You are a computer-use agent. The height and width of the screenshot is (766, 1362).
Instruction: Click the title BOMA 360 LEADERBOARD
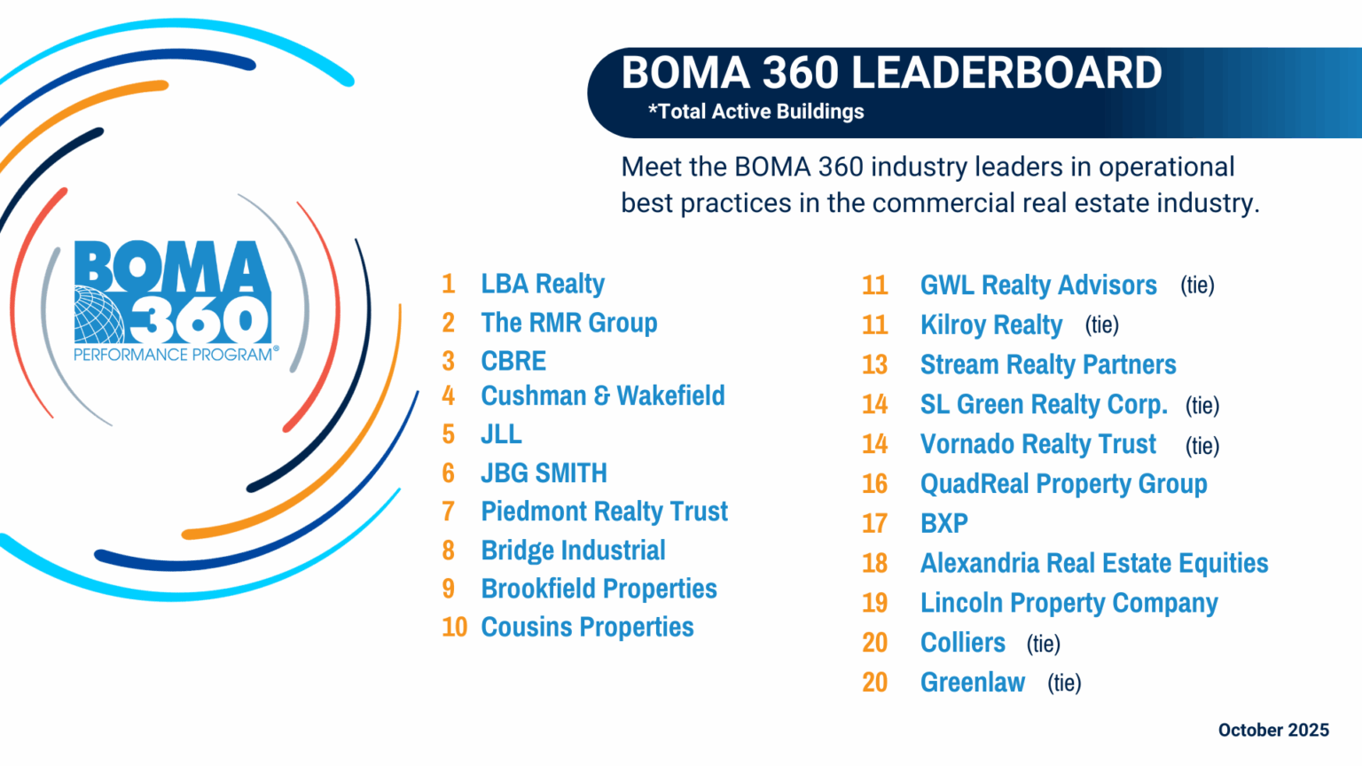[x=891, y=73]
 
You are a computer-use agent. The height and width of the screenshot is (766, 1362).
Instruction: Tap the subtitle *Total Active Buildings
[x=755, y=112]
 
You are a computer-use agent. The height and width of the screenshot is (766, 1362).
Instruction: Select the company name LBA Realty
[x=543, y=284]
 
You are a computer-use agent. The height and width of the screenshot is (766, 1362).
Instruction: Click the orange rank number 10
[x=454, y=627]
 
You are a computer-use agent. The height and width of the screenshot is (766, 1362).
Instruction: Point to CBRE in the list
[x=513, y=361]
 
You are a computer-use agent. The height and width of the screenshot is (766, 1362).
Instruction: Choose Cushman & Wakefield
[x=602, y=395]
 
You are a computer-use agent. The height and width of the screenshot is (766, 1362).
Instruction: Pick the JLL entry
[x=501, y=434]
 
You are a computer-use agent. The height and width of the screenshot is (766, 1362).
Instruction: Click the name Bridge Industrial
[x=573, y=551]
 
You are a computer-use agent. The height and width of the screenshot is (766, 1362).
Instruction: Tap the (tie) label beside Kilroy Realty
[x=1101, y=325]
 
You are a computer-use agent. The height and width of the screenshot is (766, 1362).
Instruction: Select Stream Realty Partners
[x=1048, y=364]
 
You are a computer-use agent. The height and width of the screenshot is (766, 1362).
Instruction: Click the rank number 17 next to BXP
[x=874, y=523]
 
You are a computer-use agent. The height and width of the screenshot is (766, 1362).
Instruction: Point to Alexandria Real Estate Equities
[x=1094, y=563]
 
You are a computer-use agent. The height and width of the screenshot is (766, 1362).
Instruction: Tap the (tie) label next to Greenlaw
[x=1064, y=683]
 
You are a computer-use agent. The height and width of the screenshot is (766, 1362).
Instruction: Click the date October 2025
[x=1273, y=730]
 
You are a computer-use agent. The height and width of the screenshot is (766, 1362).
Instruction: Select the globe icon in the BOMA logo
[x=98, y=315]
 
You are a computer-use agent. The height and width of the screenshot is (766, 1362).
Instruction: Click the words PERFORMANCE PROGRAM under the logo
[x=173, y=355]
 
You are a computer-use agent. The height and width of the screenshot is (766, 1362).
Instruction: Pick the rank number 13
[x=874, y=364]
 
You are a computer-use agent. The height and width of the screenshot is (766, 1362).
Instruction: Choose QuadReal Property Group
[x=1063, y=484]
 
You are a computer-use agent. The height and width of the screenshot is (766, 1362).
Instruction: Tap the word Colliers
[x=963, y=643]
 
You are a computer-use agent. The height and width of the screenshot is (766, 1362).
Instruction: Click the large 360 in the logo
[x=200, y=318]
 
